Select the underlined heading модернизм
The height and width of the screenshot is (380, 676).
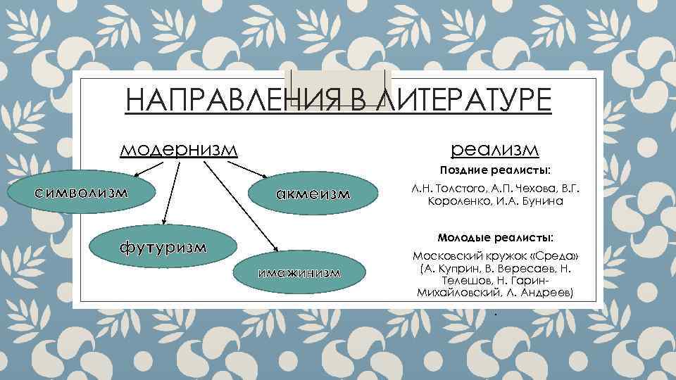tap(179, 149)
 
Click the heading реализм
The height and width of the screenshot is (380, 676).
tap(494, 149)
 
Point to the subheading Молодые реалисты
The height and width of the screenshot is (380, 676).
tap(496, 236)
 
